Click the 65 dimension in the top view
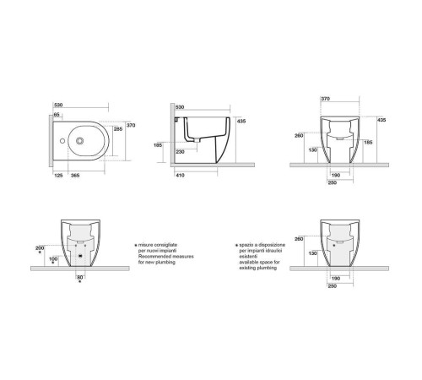click(x=57, y=113)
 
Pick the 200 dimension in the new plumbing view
click(x=40, y=247)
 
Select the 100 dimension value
click(x=53, y=258)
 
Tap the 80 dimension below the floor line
click(x=80, y=277)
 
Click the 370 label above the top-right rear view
click(x=325, y=99)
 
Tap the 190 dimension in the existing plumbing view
click(x=336, y=276)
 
